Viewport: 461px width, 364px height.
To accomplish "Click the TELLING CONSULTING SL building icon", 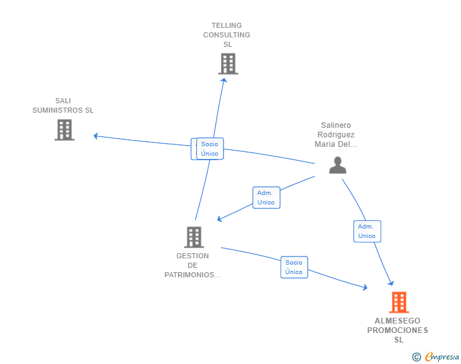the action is [228, 63].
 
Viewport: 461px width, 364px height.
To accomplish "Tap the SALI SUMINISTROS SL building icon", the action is [65, 130].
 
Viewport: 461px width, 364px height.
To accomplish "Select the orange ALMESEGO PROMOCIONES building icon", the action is [399, 302].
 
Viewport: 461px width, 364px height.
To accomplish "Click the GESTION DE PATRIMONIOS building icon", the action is [194, 237].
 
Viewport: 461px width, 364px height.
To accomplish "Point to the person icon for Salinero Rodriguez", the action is [338, 165].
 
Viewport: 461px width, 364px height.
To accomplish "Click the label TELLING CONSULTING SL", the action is [227, 35].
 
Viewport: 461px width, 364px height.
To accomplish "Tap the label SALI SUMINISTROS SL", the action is [63, 106].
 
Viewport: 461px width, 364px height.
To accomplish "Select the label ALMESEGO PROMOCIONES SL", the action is [398, 330].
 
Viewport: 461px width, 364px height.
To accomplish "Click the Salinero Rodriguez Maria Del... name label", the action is [336, 135].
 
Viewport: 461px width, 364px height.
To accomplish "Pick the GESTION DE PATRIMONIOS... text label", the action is [193, 265].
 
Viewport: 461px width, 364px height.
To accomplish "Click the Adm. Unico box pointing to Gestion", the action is [267, 198].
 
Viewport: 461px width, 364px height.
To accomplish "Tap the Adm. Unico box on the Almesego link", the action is [367, 232].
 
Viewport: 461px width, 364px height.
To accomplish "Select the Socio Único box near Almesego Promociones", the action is [294, 267].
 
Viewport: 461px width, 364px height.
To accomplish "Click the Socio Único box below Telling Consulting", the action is [210, 149].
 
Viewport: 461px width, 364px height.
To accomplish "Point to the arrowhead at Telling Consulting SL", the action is [224, 80].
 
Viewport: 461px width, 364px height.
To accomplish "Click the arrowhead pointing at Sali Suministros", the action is [96, 136].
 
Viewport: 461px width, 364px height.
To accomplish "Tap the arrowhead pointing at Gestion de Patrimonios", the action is [219, 219].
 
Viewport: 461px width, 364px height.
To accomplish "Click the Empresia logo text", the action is [442, 356].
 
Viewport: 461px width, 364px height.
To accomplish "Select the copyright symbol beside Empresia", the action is [417, 357].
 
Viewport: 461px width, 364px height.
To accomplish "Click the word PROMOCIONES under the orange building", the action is [398, 330].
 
